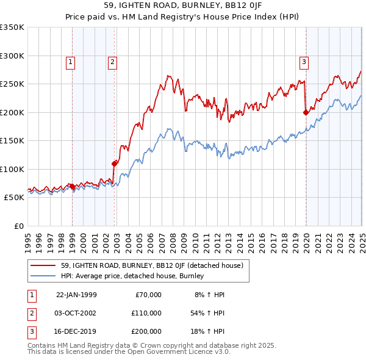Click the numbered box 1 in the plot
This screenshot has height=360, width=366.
[71, 61]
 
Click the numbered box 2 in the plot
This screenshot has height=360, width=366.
[113, 61]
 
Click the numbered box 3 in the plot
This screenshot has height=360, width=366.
[304, 61]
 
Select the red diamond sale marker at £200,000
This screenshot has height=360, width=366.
[306, 112]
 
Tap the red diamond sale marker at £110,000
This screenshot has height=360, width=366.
[114, 163]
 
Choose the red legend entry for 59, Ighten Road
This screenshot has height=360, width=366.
[152, 265]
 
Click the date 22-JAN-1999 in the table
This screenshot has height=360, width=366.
[76, 295]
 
